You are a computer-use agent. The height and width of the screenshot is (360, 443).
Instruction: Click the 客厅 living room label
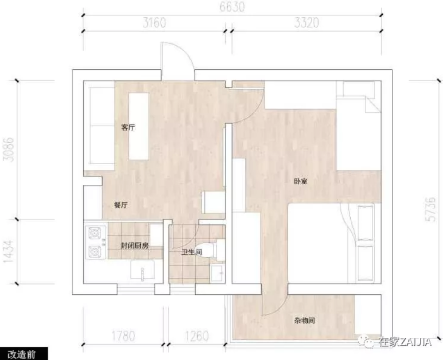pyautogui.click(x=128, y=127)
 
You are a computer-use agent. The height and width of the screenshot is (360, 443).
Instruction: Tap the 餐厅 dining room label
pyautogui.click(x=121, y=205)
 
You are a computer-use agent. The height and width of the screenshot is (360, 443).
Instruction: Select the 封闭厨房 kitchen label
pyautogui.click(x=135, y=246)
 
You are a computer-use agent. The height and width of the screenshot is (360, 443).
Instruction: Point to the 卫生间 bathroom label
pyautogui.click(x=192, y=252)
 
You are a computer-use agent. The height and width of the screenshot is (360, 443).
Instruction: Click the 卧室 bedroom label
pyautogui.click(x=301, y=181)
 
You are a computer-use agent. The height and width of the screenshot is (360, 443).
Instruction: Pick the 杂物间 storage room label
pyautogui.click(x=304, y=321)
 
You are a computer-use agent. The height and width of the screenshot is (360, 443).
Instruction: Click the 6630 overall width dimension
pyautogui.click(x=232, y=7)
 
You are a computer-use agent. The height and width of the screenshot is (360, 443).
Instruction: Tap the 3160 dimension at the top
pyautogui.click(x=154, y=23)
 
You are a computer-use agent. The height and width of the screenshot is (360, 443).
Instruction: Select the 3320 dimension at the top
pyautogui.click(x=306, y=23)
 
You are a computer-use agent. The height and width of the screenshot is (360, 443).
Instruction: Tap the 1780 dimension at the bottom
pyautogui.click(x=123, y=336)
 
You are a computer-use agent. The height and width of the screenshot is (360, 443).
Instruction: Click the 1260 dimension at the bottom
pyautogui.click(x=197, y=336)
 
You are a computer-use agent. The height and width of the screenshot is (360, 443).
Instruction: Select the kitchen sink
pyautogui.click(x=142, y=270)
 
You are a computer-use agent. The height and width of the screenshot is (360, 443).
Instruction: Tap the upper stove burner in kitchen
pyautogui.click(x=94, y=233)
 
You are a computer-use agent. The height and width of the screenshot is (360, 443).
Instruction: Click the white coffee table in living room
pyautogui.click(x=139, y=126)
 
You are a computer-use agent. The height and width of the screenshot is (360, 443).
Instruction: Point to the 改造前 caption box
pyautogui.click(x=24, y=354)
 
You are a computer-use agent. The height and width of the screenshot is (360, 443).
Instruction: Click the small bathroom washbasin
pyautogui.click(x=217, y=274)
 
